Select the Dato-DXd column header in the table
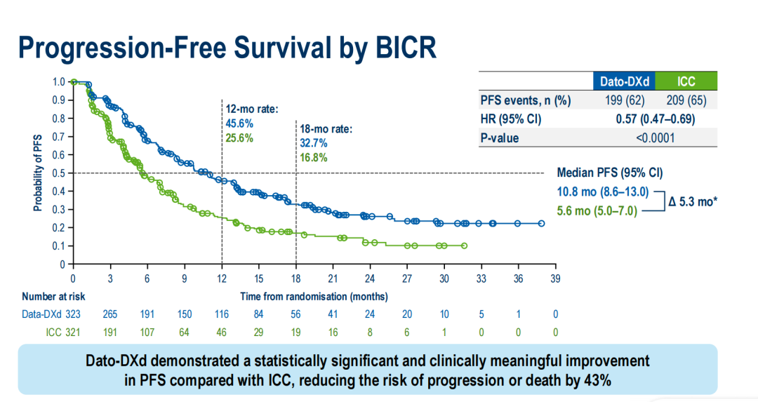(x=624, y=81)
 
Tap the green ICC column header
(x=686, y=81)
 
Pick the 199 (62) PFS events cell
(x=625, y=100)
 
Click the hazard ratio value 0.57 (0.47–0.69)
(x=655, y=119)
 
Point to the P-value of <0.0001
(x=655, y=138)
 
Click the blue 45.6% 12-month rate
(x=239, y=123)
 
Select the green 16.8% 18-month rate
(x=313, y=158)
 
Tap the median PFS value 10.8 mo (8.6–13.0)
(x=602, y=192)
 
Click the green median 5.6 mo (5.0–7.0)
(x=597, y=210)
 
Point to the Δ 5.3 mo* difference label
(x=693, y=201)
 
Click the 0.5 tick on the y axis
(x=59, y=173)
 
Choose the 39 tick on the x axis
(x=555, y=279)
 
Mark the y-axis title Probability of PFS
(x=38, y=173)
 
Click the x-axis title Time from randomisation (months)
(x=314, y=296)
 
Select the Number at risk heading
(x=53, y=296)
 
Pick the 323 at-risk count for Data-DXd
(x=73, y=314)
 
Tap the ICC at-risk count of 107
(x=147, y=333)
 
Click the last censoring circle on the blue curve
(x=541, y=224)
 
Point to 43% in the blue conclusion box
(x=598, y=380)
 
